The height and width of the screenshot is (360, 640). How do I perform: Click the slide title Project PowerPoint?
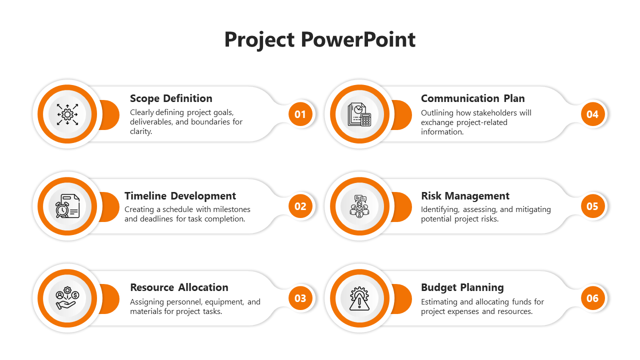pyautogui.click(x=319, y=39)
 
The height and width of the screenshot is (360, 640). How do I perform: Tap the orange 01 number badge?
pyautogui.click(x=300, y=114)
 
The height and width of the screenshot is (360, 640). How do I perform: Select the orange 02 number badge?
pyautogui.click(x=300, y=206)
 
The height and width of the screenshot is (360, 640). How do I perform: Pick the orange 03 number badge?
pyautogui.click(x=300, y=298)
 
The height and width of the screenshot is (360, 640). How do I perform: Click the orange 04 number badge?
pyautogui.click(x=592, y=114)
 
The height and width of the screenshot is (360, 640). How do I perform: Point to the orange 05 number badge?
pyautogui.click(x=592, y=206)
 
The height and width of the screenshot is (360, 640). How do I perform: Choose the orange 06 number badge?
pyautogui.click(x=592, y=298)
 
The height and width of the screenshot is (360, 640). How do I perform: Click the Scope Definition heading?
pyautogui.click(x=171, y=98)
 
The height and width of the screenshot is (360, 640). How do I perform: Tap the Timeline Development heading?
pyautogui.click(x=180, y=196)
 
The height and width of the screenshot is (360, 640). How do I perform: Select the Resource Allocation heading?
pyautogui.click(x=179, y=287)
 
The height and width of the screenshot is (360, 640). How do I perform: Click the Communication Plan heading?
pyautogui.click(x=473, y=98)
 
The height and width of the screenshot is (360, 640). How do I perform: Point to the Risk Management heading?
pyautogui.click(x=465, y=196)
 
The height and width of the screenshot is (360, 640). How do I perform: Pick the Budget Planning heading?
pyautogui.click(x=462, y=288)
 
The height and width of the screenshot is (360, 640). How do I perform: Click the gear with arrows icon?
pyautogui.click(x=67, y=114)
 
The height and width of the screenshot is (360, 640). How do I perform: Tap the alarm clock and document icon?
pyautogui.click(x=67, y=206)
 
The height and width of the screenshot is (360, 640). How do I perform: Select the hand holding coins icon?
pyautogui.click(x=67, y=298)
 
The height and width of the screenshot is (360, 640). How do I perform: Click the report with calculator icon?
pyautogui.click(x=359, y=114)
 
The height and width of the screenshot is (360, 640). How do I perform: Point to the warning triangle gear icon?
pyautogui.click(x=359, y=298)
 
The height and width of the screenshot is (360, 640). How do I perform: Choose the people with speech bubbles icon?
pyautogui.click(x=359, y=206)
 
